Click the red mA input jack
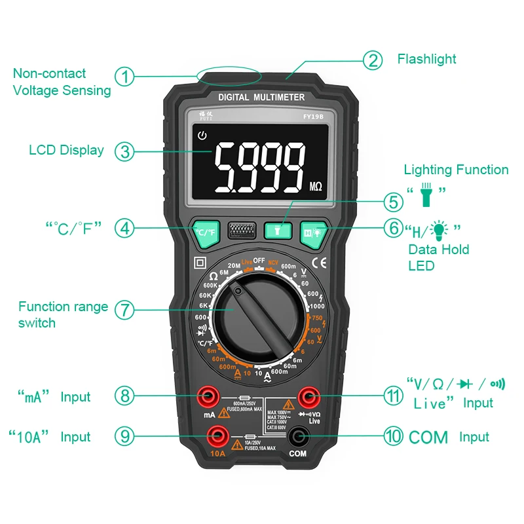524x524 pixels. click(211, 396)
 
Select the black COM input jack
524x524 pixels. click(299, 435)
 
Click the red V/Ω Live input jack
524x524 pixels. click(307, 396)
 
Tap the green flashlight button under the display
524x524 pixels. click(277, 230)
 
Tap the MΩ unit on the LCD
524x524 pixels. click(316, 187)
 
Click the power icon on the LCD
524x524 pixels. click(202, 136)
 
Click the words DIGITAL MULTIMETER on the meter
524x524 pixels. click(261, 97)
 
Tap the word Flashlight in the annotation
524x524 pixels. click(426, 59)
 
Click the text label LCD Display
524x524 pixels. click(66, 150)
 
